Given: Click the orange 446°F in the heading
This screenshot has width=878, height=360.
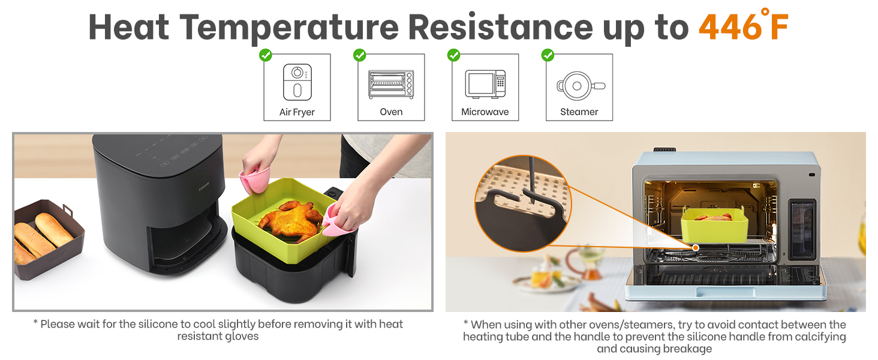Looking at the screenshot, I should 743,27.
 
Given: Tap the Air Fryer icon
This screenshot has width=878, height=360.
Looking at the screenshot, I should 297,82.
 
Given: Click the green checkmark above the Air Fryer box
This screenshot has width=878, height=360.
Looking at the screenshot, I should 266,55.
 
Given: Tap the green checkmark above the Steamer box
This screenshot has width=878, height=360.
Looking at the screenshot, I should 548,55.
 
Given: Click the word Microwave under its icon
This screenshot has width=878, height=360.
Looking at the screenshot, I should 485,112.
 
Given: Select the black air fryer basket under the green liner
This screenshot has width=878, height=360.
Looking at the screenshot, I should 282,270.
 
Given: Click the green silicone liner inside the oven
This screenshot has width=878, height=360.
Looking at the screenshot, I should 714,226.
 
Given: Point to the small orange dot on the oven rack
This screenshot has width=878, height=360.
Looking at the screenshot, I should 696,247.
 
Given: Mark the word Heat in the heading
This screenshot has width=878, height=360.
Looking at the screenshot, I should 128,27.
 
